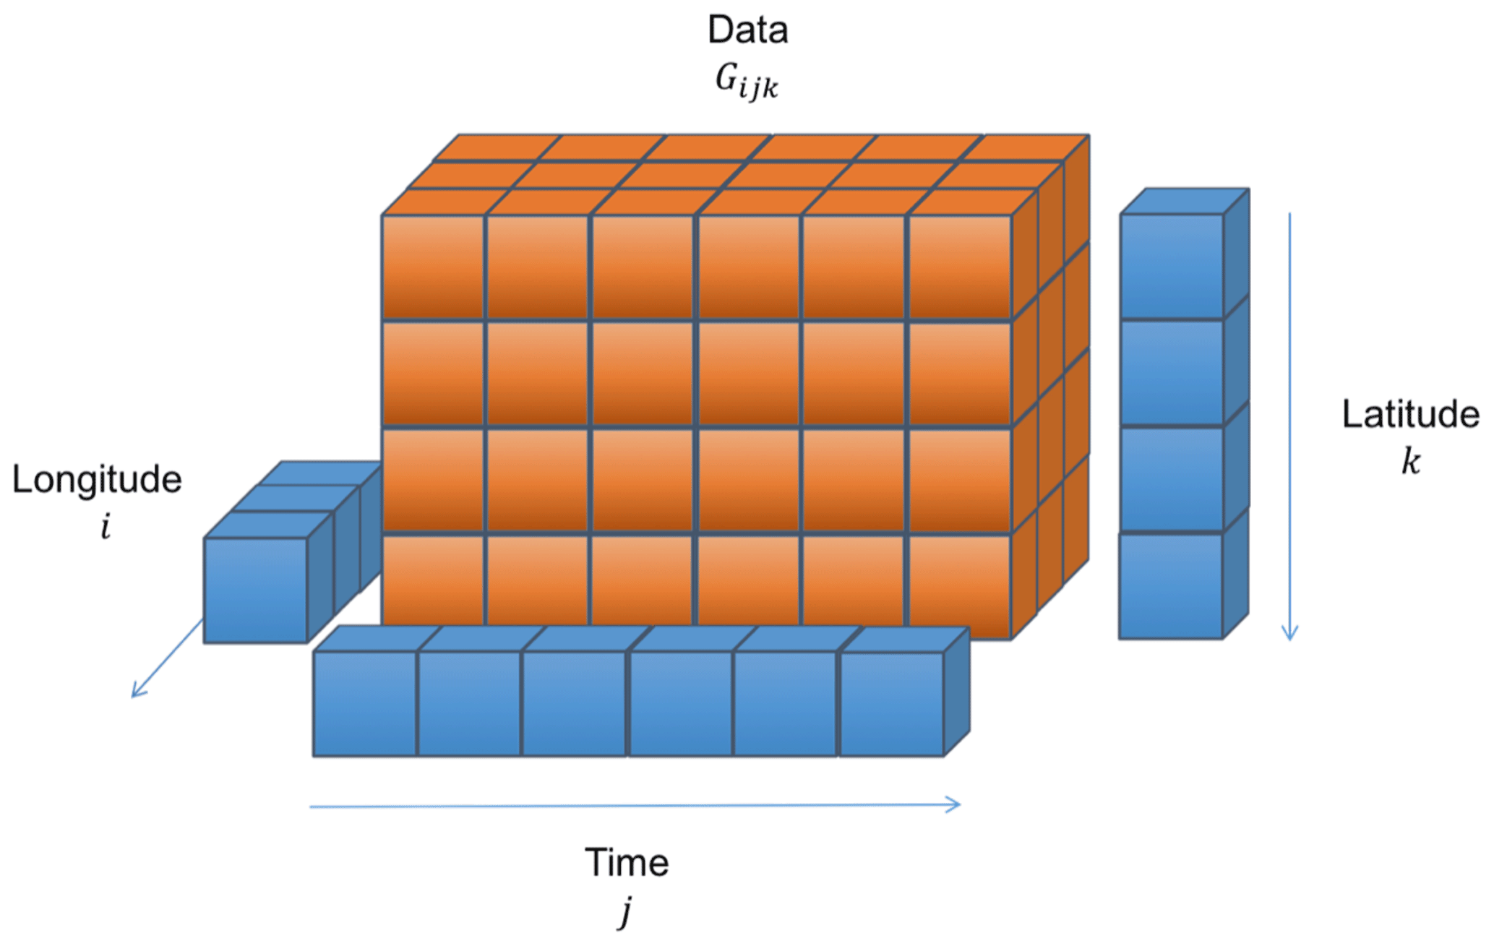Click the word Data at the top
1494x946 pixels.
[747, 30]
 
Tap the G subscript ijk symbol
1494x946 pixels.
[747, 81]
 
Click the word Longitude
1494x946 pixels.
[97, 480]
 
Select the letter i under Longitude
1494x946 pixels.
[106, 526]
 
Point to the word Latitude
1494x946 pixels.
[1410, 415]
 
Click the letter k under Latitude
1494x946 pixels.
[1410, 461]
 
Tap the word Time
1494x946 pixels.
[627, 863]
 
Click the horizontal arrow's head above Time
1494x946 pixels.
[956, 804]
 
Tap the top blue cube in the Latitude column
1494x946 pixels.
[1172, 265]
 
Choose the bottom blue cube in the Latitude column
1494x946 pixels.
[1171, 586]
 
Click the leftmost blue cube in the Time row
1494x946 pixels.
[365, 703]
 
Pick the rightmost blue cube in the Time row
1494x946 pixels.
[892, 704]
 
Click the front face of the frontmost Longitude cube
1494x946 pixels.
[256, 590]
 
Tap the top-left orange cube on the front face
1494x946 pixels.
[433, 266]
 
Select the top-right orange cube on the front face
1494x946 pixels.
[960, 266]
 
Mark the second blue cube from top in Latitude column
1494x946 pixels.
[1172, 372]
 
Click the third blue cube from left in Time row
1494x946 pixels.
[574, 703]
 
